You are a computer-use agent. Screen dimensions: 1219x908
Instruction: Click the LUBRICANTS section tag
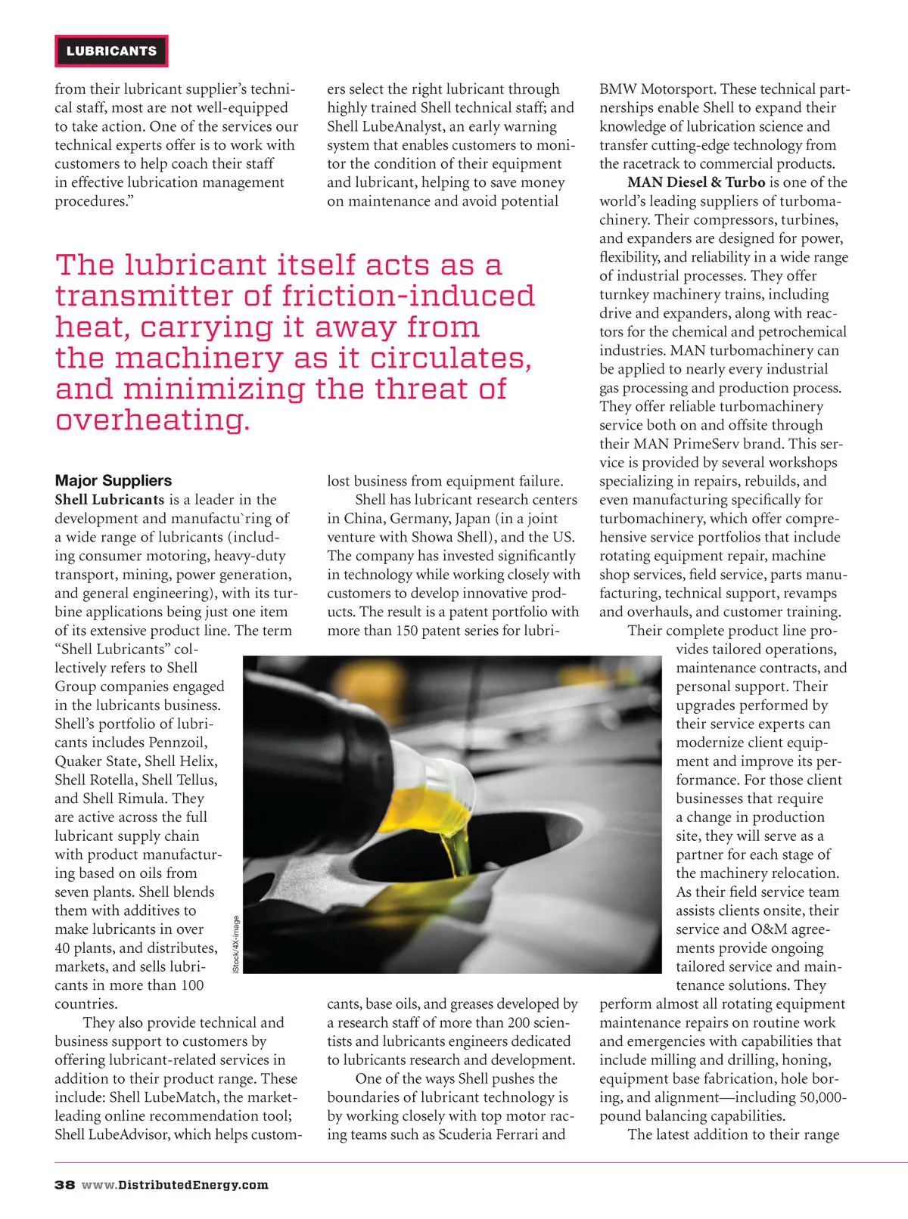click(111, 51)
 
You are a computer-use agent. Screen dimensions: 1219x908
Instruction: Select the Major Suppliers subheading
click(113, 481)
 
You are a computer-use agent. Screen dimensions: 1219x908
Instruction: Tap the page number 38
click(64, 1185)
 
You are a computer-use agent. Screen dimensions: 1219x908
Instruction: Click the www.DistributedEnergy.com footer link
click(175, 1185)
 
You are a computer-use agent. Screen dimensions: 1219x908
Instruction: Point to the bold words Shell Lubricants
click(109, 500)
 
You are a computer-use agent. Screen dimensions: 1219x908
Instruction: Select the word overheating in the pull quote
click(152, 420)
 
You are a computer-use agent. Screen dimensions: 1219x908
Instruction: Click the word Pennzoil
click(178, 743)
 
